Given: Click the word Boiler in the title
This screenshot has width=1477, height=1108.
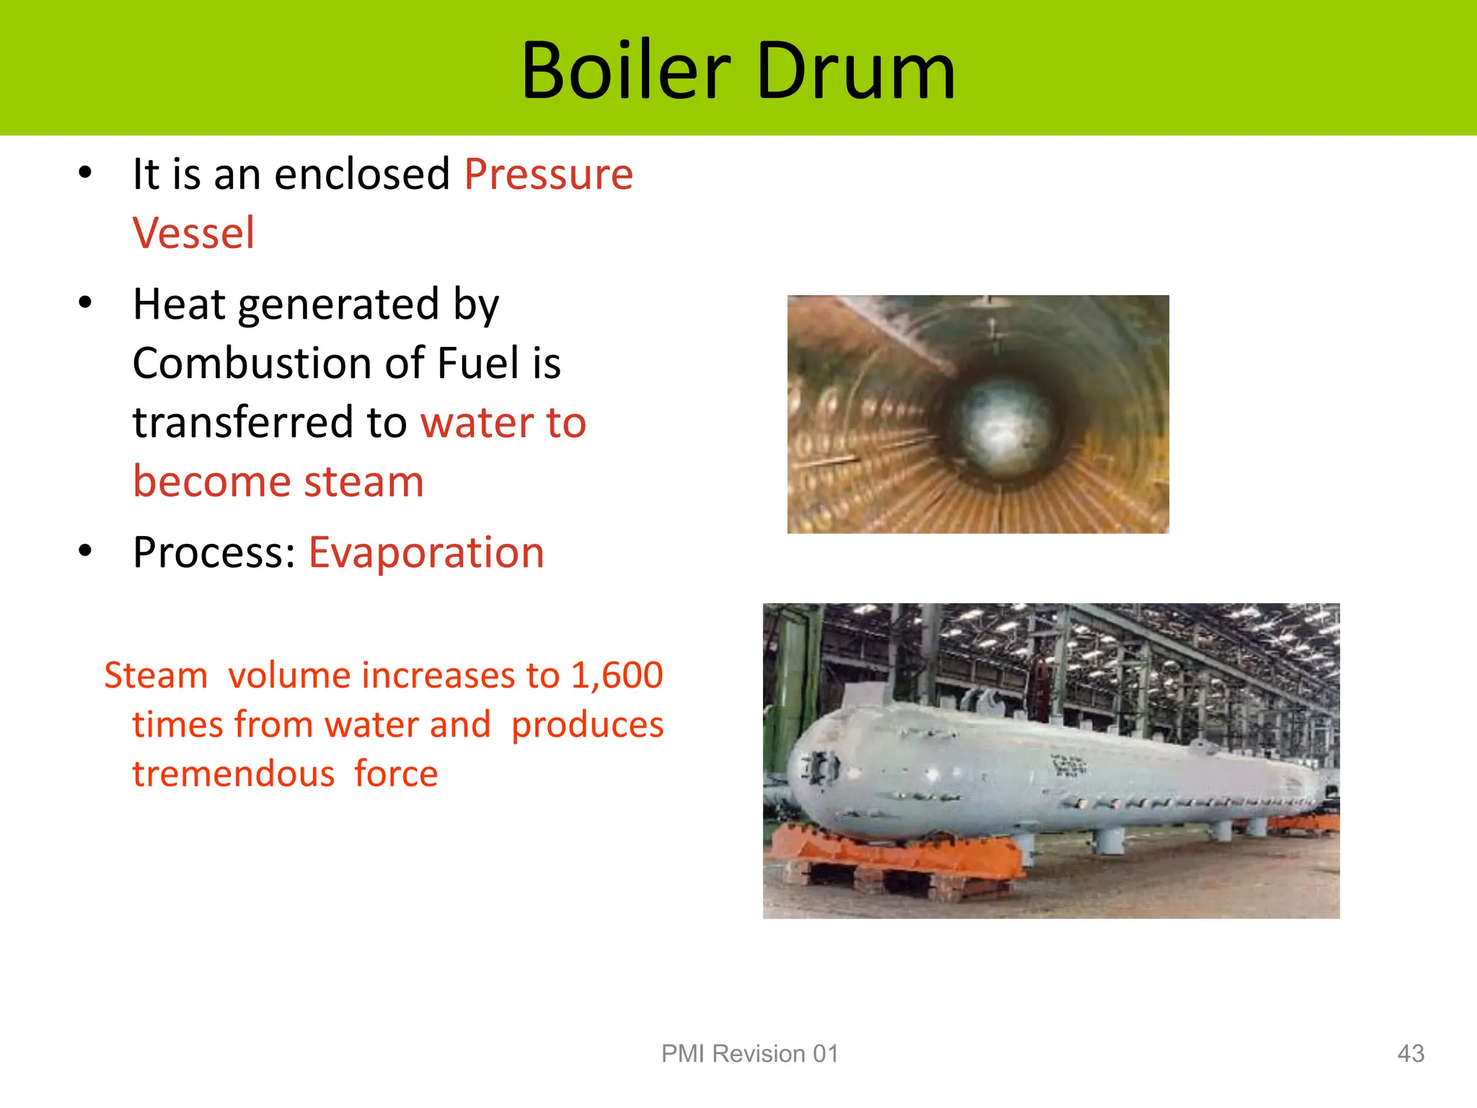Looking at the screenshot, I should pyautogui.click(x=625, y=71).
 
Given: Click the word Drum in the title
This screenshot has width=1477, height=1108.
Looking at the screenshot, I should pyautogui.click(x=856, y=71).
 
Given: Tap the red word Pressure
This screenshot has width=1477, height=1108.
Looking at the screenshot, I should pyautogui.click(x=548, y=175).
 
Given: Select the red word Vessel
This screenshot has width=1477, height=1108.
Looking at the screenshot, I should pyautogui.click(x=193, y=234).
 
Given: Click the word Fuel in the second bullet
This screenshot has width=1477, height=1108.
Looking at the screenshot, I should pyautogui.click(x=479, y=364).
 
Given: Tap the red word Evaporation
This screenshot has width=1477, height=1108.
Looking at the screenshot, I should pyautogui.click(x=426, y=553).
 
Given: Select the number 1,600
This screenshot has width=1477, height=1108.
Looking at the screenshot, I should pyautogui.click(x=617, y=676).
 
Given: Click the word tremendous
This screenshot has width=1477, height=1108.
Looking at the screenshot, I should pyautogui.click(x=233, y=774).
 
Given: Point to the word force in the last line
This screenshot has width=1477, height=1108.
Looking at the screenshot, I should pyautogui.click(x=396, y=774).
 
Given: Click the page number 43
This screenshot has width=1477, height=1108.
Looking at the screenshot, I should pyautogui.click(x=1410, y=1054).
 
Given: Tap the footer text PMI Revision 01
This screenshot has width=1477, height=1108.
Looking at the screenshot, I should pyautogui.click(x=750, y=1054).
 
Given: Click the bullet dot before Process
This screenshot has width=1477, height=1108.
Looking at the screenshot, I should pyautogui.click(x=86, y=552).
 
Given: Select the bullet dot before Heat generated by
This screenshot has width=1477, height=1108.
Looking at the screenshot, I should pyautogui.click(x=86, y=303).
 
